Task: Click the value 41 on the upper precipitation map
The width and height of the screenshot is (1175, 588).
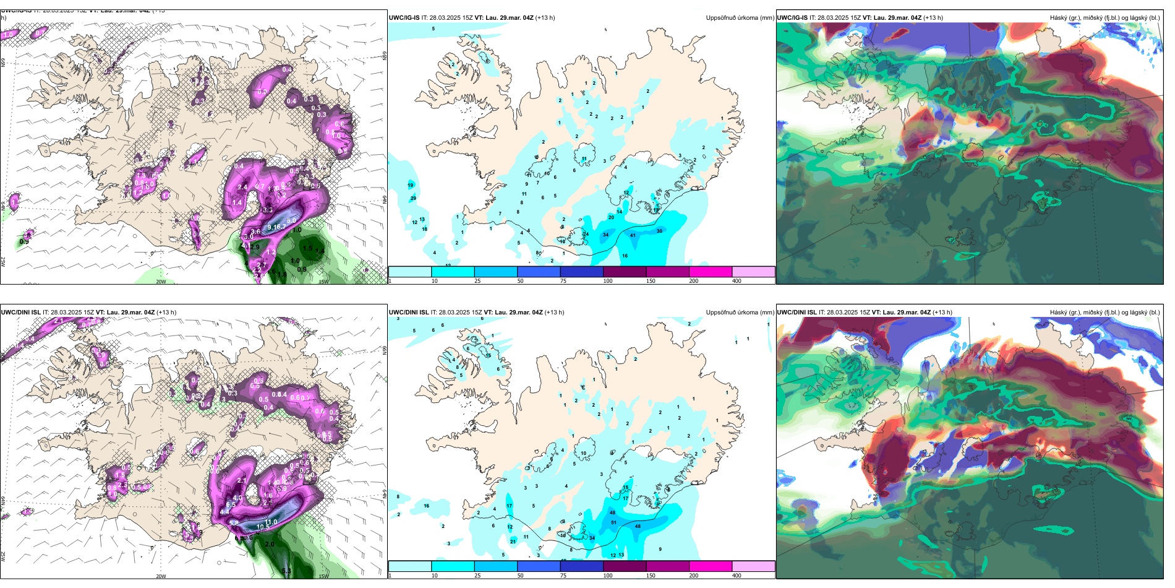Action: pyautogui.click(x=633, y=235)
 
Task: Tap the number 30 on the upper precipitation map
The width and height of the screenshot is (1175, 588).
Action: pyautogui.click(x=659, y=231)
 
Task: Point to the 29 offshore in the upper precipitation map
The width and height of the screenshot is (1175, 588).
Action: pyautogui.click(x=413, y=198)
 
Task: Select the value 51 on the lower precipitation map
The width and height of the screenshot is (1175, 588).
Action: pyautogui.click(x=613, y=522)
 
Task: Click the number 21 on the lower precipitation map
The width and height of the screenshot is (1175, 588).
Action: pyautogui.click(x=513, y=541)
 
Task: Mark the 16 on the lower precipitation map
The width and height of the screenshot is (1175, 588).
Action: pyautogui.click(x=426, y=506)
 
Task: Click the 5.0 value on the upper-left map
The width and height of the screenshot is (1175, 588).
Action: pyautogui.click(x=291, y=220)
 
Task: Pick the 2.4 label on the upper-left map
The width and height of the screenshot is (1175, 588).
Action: pyautogui.click(x=242, y=187)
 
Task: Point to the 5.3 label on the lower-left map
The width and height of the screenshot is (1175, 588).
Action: pyautogui.click(x=286, y=571)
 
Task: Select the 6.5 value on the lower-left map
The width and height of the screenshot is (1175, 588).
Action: pyautogui.click(x=231, y=504)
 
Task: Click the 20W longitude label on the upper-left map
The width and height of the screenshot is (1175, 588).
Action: pyautogui.click(x=161, y=282)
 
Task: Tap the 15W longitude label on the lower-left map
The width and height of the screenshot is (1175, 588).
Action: pyautogui.click(x=323, y=576)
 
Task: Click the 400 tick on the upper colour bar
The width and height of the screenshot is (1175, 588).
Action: pyautogui.click(x=737, y=281)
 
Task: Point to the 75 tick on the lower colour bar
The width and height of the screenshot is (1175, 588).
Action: pyautogui.click(x=563, y=576)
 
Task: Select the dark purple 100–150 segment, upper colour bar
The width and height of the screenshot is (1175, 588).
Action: pyautogui.click(x=625, y=272)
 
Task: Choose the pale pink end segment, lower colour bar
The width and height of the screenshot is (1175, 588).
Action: pyautogui.click(x=753, y=566)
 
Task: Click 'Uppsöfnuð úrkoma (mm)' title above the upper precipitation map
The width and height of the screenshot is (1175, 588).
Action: pyautogui.click(x=740, y=18)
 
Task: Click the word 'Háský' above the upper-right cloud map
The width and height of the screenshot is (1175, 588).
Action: pyautogui.click(x=1058, y=18)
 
